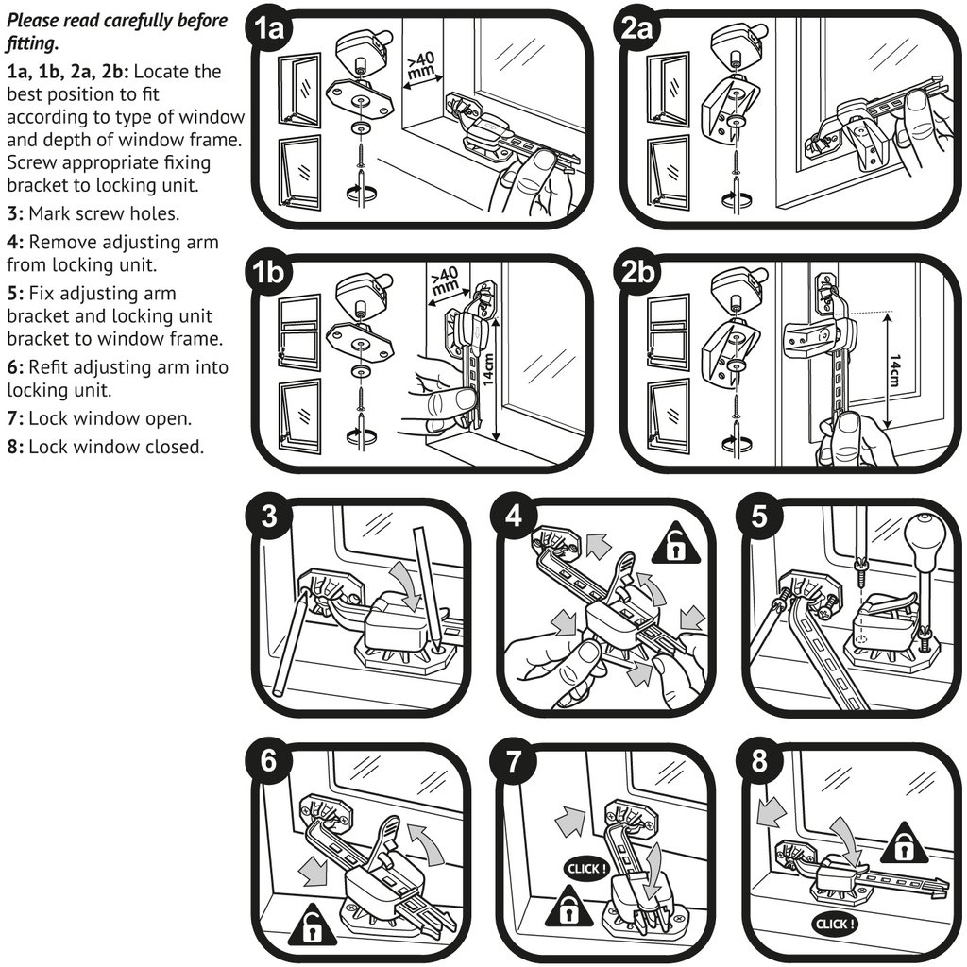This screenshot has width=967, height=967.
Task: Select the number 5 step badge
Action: coord(760,517)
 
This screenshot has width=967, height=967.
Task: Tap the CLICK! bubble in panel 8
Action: coord(835,924)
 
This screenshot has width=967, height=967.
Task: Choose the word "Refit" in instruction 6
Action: coord(51,367)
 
